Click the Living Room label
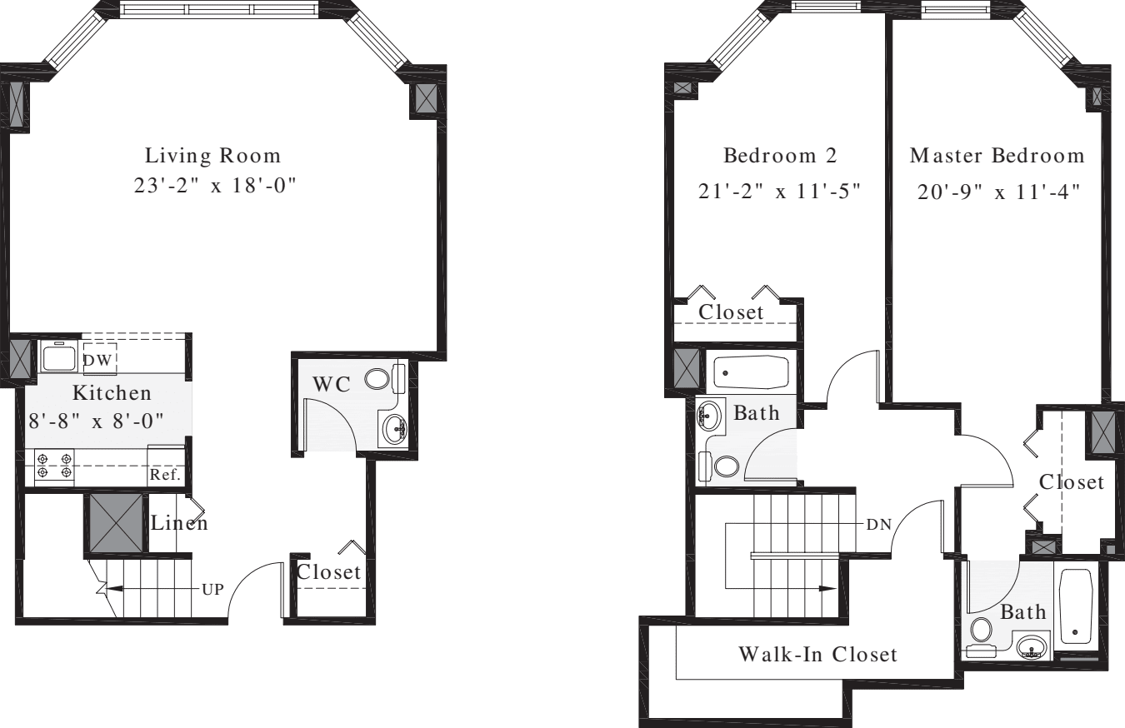coord(213,156)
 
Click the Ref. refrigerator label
coord(165,475)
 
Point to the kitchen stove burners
coord(53,466)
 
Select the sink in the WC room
coord(392,429)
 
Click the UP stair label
coord(212,588)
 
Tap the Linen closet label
coord(179,524)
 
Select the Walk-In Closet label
coord(818,654)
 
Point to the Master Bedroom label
coord(997,156)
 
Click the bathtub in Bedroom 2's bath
coord(750,372)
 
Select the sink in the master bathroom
coord(1032,646)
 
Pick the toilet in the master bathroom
coord(982,635)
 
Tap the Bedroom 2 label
coord(779,156)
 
